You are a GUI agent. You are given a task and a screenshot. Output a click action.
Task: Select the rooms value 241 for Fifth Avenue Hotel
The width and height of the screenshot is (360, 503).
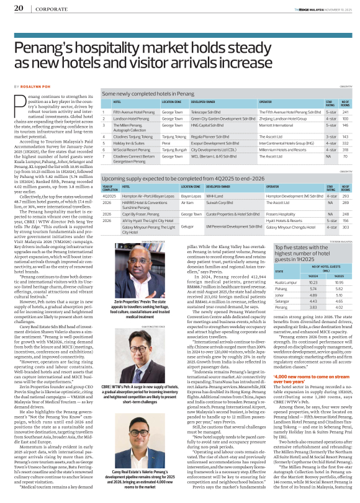[x=345, y=112]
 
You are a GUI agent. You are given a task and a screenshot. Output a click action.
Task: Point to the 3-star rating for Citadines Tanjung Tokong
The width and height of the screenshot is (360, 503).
[x=331, y=134]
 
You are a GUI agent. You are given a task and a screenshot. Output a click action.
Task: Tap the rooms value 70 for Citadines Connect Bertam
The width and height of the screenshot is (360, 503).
[x=345, y=157]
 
